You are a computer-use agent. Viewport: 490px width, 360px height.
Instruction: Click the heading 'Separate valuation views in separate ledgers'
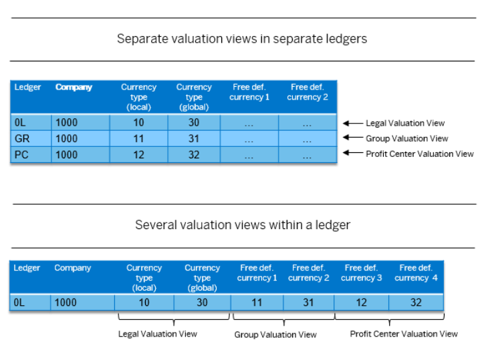coord(242,39)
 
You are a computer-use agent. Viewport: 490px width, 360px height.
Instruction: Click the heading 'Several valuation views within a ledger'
coord(243,225)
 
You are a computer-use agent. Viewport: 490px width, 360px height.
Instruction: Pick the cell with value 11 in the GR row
coord(138,138)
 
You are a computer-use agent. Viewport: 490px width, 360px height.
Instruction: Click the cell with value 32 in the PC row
coord(194,154)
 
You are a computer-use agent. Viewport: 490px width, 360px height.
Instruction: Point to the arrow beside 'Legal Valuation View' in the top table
coord(353,124)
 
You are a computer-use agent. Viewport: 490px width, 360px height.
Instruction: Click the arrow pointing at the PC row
coord(353,153)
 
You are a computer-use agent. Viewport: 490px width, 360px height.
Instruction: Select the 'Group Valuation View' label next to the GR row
coord(407,138)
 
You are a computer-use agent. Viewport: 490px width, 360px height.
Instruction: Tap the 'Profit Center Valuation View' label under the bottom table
coord(404,334)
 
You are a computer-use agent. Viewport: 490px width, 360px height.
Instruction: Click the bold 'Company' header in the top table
coord(74,87)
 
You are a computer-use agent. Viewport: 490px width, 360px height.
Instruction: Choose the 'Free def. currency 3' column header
coord(361,273)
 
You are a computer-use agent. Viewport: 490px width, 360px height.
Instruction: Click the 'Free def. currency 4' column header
coord(416,273)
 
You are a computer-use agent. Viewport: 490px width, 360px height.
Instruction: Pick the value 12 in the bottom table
coord(361,303)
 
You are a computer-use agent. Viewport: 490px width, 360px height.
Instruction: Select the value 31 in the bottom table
coord(308,303)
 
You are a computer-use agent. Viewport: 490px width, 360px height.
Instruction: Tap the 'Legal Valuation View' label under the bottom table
coord(158,334)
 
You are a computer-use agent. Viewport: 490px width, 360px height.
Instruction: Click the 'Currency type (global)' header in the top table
coord(194,97)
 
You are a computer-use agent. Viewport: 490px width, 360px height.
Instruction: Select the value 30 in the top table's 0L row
coord(194,122)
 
